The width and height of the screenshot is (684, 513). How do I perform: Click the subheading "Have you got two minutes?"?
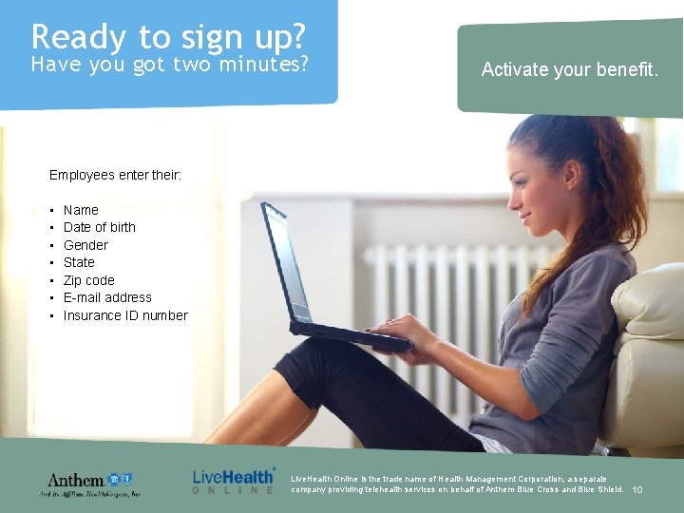170,65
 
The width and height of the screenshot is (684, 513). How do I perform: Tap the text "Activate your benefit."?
569,69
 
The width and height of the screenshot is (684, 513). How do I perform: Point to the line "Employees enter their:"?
115,175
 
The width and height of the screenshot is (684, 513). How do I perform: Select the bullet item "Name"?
81,210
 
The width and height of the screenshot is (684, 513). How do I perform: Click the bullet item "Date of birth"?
99,227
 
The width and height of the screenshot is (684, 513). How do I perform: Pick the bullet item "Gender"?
85,245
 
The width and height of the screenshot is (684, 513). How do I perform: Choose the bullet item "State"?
79,262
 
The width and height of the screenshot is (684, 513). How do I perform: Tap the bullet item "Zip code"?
88,280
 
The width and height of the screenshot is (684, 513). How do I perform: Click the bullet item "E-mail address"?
107,297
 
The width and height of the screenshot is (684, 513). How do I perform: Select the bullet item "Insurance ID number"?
125,315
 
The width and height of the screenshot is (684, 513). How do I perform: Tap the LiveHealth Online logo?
234,480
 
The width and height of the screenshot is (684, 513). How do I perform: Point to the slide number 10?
637,490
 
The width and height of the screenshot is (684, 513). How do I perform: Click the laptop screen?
286,262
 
